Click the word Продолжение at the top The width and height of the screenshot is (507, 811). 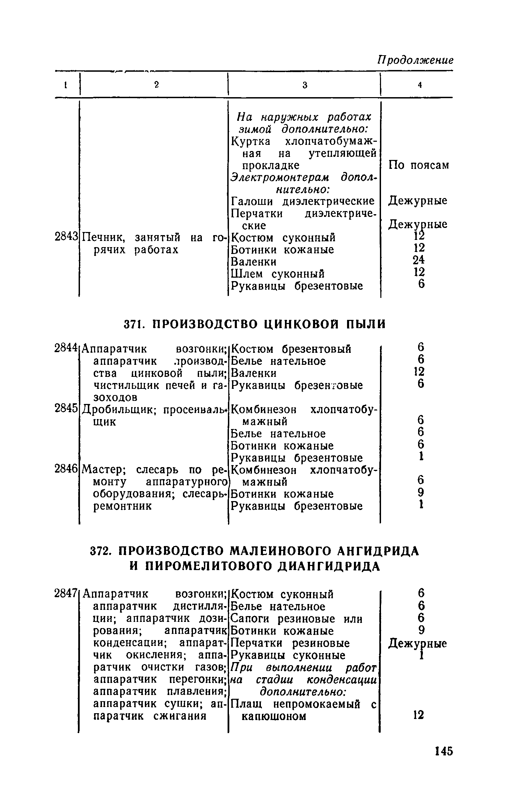[x=415, y=60]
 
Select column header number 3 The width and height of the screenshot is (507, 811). [x=304, y=85]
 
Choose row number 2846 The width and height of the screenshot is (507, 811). [x=67, y=469]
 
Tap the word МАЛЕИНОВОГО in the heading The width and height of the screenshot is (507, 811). [x=278, y=551]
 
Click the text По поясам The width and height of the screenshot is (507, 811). [x=418, y=165]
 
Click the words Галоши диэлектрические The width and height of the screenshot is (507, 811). [x=302, y=201]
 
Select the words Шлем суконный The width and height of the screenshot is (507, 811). [x=278, y=274]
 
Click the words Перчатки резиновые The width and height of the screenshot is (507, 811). [x=290, y=643]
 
